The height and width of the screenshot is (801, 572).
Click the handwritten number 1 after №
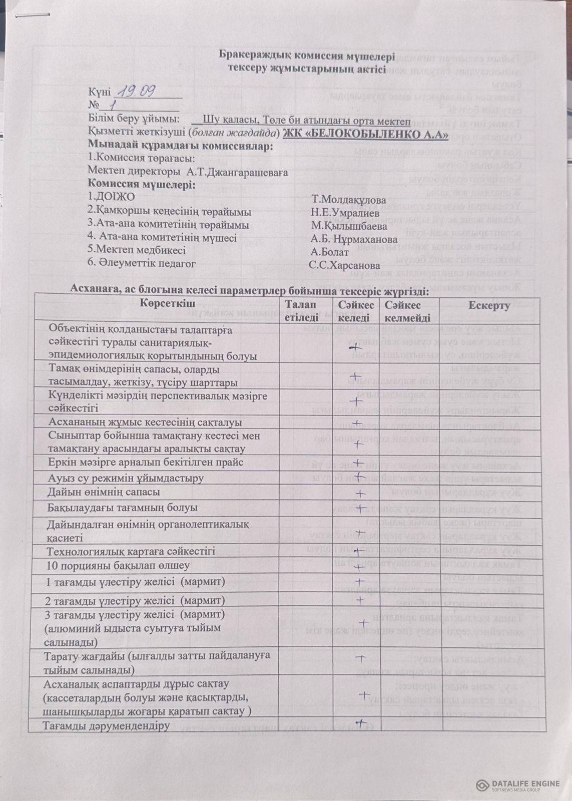pos(113,106)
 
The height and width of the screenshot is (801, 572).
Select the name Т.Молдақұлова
pos(349,200)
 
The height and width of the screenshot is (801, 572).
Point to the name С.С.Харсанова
pos(344,266)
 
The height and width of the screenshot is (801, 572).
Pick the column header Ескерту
pos(489,306)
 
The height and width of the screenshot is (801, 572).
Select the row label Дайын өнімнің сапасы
pos(104,492)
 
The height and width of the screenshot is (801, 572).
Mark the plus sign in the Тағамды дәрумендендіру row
pos(361,722)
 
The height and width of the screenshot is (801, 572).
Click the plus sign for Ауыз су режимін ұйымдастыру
pos(359,477)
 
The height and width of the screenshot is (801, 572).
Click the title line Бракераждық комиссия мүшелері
pos(307,56)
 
